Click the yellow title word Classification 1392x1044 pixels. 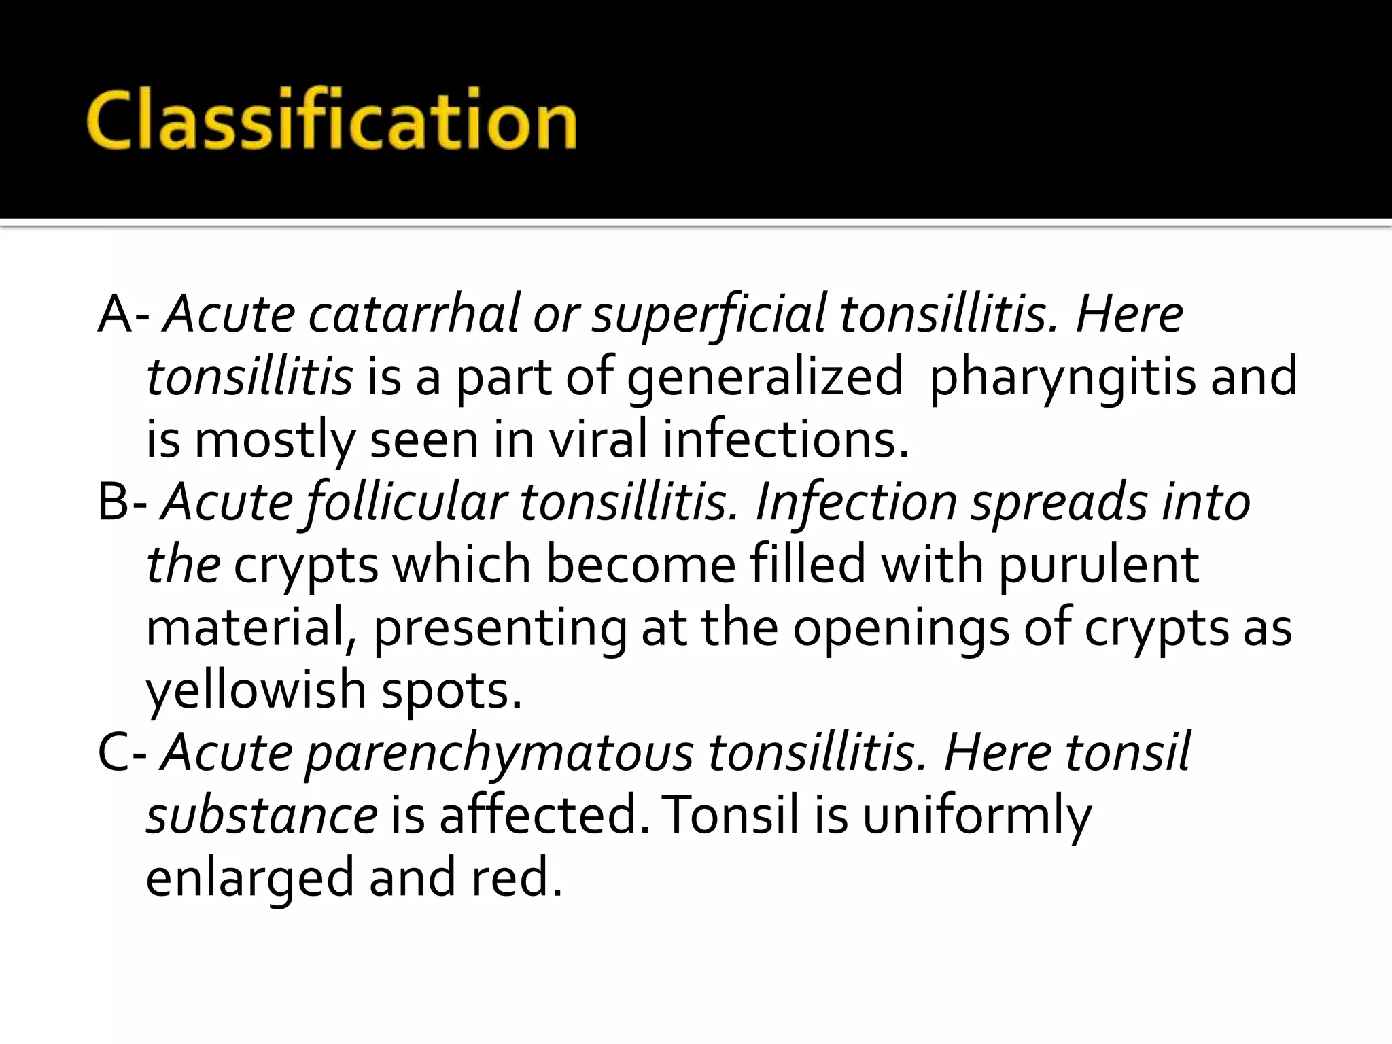(332, 120)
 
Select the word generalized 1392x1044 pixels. (764, 377)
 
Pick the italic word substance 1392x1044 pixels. (262, 815)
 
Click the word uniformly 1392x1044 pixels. (977, 816)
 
